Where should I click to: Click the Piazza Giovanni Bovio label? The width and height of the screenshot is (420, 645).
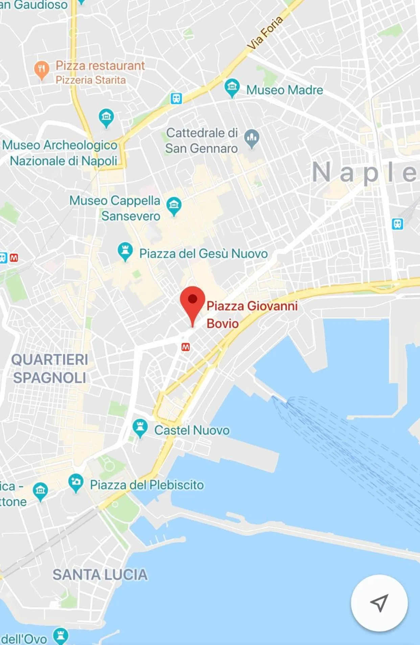point(252,314)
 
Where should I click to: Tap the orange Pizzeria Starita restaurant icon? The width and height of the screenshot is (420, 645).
point(42,69)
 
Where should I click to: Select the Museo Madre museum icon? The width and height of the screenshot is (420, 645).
point(232,87)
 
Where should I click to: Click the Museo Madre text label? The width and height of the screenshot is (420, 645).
point(284,90)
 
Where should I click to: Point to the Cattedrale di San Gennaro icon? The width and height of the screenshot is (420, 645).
point(252,138)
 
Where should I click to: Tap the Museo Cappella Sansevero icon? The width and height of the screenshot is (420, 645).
point(174,205)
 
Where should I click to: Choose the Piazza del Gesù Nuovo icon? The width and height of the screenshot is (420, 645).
point(125,251)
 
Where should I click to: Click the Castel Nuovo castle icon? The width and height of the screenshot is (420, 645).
point(140,428)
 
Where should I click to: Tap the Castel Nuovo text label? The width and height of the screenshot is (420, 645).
point(192,430)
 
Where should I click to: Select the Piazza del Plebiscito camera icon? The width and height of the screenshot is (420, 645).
point(76,482)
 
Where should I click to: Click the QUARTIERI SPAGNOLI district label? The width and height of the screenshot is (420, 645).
point(50,368)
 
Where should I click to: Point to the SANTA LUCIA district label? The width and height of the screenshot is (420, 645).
point(100,575)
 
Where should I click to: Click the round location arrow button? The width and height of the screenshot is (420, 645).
point(379,603)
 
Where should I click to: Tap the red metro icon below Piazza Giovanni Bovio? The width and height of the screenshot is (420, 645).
point(186,347)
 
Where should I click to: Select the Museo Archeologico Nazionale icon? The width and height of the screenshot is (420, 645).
point(106,117)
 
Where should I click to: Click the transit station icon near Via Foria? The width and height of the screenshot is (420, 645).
point(176,98)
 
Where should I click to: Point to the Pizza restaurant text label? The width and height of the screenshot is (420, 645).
point(100,66)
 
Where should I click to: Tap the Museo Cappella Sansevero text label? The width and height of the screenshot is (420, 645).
point(115,208)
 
